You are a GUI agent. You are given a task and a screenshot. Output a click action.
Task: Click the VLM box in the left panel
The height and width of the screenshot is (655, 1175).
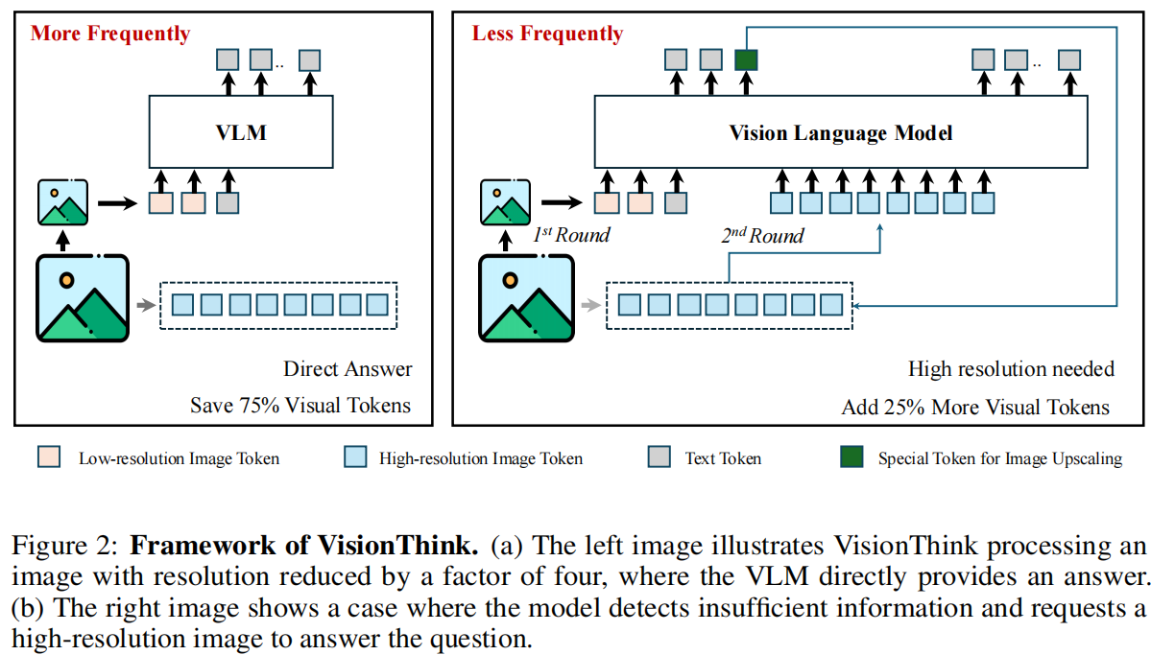(x=241, y=131)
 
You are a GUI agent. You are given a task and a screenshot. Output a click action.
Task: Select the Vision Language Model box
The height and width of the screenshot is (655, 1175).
(x=841, y=131)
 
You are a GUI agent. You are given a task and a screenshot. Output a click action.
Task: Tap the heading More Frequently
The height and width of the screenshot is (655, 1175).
(x=110, y=34)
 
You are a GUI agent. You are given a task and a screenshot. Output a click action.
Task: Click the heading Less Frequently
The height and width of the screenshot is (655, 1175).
(x=547, y=34)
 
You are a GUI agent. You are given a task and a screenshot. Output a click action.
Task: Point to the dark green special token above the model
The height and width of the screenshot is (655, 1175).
(x=746, y=59)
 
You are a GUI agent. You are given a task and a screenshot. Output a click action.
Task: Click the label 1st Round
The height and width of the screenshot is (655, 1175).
(x=572, y=235)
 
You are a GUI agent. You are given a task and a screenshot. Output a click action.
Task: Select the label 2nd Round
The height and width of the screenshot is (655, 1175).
(x=763, y=235)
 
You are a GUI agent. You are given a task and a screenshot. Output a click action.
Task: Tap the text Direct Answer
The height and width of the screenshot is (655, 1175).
(x=348, y=369)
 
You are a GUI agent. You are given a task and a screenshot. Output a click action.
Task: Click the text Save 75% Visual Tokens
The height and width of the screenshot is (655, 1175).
(x=300, y=406)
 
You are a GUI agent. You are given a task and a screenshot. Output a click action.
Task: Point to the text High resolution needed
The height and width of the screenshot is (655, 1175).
(x=1011, y=369)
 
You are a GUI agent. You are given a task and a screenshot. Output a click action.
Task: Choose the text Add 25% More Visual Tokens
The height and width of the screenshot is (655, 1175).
(x=975, y=407)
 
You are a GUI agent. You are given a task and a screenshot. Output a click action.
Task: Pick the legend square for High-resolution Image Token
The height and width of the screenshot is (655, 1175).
(x=355, y=457)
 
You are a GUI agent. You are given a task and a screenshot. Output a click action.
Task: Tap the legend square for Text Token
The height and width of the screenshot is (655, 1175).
(x=659, y=457)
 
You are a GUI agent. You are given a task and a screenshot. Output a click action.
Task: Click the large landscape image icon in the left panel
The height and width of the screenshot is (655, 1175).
(x=83, y=297)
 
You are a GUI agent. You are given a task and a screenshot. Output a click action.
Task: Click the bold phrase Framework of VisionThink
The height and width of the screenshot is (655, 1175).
(x=303, y=547)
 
